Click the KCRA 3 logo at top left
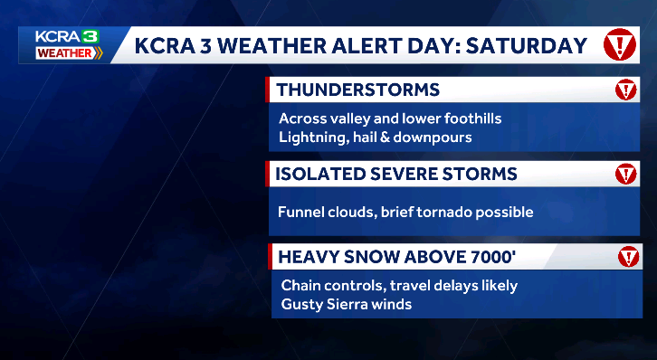(65, 36)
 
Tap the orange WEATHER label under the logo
(64, 52)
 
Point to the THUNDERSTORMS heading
(358, 90)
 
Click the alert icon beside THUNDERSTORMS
(626, 90)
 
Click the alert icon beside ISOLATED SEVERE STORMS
(626, 174)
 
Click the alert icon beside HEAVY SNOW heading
(627, 257)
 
